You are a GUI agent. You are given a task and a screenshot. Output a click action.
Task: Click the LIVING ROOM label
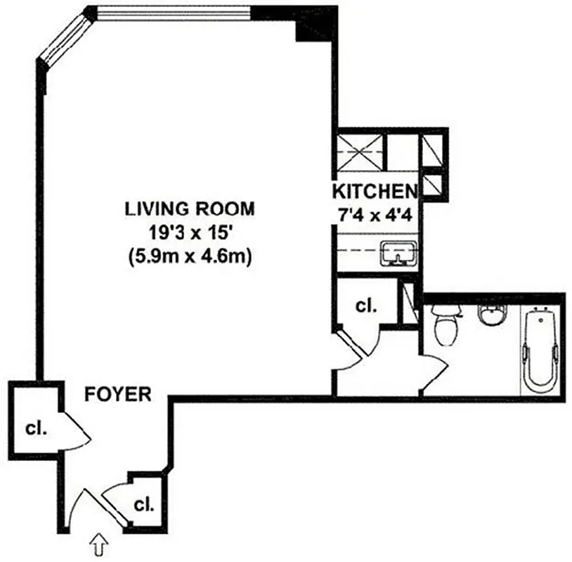pos(190,209)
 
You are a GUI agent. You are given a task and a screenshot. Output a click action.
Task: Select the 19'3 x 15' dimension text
pos(190,233)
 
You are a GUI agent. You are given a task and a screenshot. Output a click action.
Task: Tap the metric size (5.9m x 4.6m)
pos(190,256)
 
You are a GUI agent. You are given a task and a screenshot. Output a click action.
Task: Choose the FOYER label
pos(118,394)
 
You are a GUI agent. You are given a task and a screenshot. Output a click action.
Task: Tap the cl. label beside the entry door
pos(143,504)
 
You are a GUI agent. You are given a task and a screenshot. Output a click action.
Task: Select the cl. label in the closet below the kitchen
pos(365,306)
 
